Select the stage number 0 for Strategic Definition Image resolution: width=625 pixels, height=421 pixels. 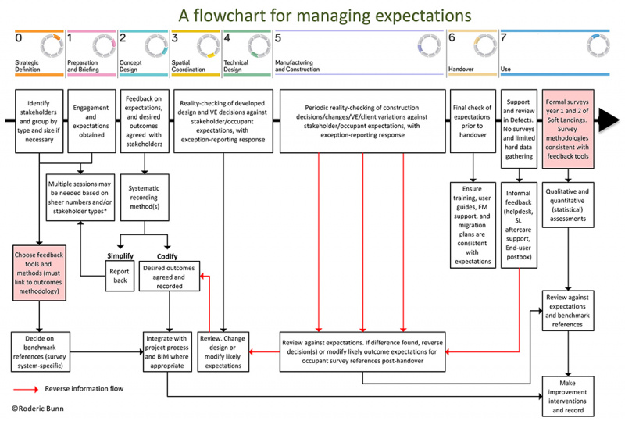(x=18, y=37)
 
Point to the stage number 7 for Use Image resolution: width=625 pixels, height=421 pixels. (x=504, y=37)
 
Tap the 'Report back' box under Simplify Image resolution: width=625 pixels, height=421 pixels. (x=120, y=274)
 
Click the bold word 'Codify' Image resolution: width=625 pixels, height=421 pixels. (x=167, y=256)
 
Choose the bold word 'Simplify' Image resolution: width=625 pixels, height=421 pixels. (x=120, y=256)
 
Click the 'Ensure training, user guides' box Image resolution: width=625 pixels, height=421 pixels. (x=473, y=223)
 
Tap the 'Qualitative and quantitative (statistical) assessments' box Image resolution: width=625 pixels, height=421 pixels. (x=577, y=204)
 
